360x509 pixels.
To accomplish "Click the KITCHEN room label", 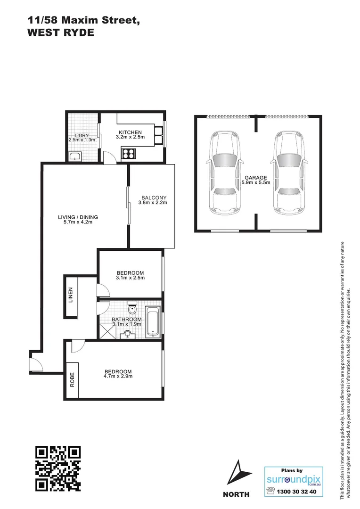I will pos(130,132).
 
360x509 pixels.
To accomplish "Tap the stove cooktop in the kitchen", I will pos(129,152).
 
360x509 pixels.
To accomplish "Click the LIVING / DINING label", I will pos(78,217).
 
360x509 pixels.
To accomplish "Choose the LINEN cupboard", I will pos(71,295).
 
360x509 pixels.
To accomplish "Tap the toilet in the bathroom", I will pos(134,309).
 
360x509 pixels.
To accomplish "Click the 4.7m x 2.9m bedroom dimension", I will pos(118,376).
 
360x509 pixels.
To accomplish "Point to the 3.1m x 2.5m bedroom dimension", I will pos(130,278).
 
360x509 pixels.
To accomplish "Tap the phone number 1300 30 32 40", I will pos(297,492).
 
